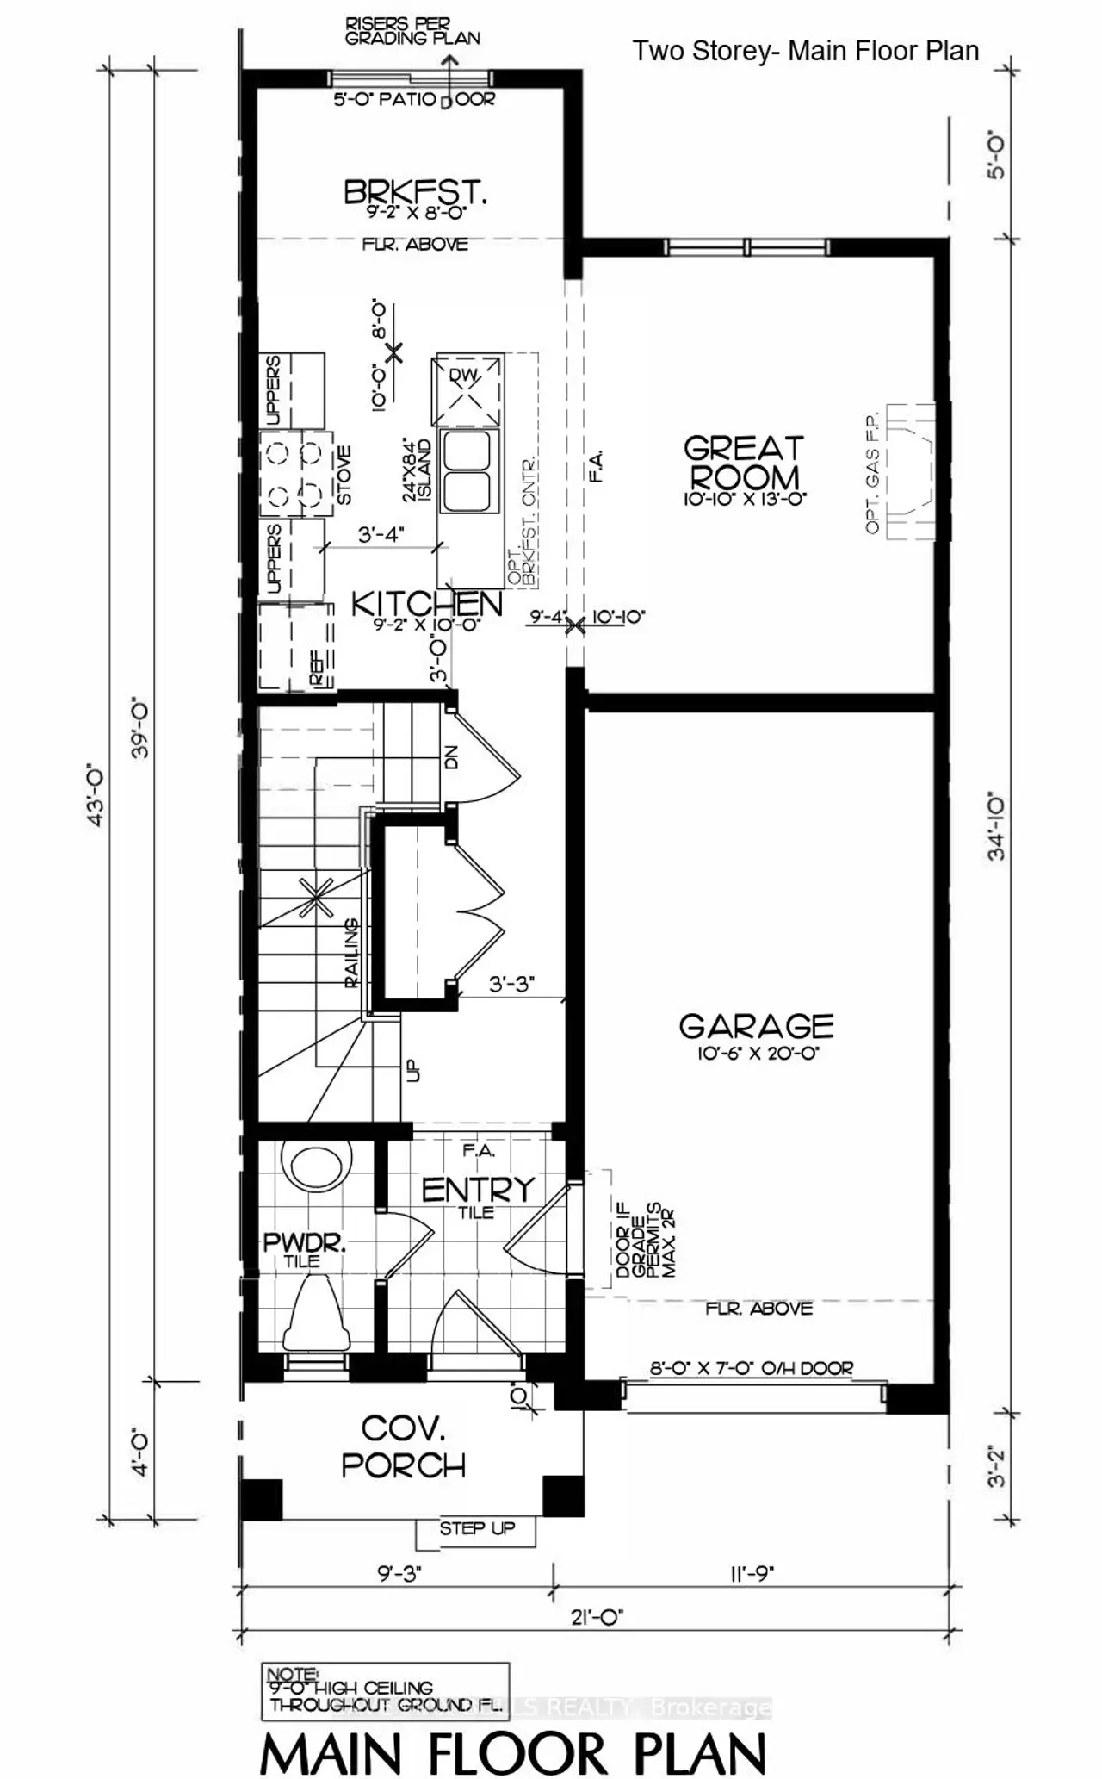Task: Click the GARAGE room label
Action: click(x=756, y=1026)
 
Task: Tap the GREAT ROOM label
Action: click(x=744, y=463)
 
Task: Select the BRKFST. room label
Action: click(x=415, y=191)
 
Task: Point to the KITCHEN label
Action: click(x=426, y=604)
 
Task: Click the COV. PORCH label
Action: click(x=403, y=1446)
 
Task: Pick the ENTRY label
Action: click(x=478, y=1190)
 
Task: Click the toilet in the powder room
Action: click(x=318, y=1314)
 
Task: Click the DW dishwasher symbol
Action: click(x=467, y=390)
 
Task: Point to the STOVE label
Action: click(x=344, y=475)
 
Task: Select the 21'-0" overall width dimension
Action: click(x=597, y=1617)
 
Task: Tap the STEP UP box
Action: click(x=476, y=1528)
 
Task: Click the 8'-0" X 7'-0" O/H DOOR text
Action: click(x=752, y=1368)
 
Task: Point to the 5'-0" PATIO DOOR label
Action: click(x=414, y=100)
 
